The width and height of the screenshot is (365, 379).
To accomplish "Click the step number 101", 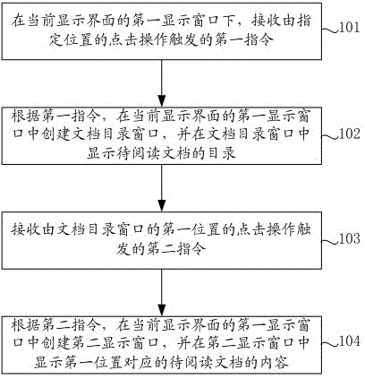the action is click(x=349, y=28).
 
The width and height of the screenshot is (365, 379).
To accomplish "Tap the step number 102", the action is click(x=349, y=134).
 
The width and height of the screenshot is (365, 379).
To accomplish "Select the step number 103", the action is click(x=349, y=238).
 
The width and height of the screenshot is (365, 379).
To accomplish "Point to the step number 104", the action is click(x=349, y=341).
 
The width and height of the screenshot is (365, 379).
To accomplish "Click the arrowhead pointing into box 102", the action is click(x=162, y=100).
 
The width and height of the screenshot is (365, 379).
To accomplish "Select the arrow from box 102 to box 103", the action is click(x=162, y=188).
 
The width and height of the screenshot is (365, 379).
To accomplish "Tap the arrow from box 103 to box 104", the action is click(x=162, y=293).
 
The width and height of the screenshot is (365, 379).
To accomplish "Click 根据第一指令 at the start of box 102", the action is click(x=55, y=116).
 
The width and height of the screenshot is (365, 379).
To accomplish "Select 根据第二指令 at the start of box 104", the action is click(x=55, y=325).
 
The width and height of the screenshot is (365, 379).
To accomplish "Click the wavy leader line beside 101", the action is click(x=330, y=30).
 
